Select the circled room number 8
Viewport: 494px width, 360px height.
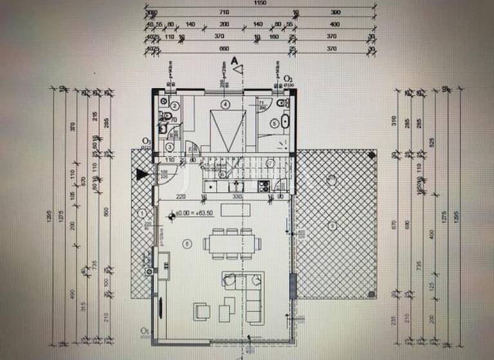[187, 242]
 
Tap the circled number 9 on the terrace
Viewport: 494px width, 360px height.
[331, 224]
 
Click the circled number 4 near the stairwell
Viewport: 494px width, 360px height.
[225, 104]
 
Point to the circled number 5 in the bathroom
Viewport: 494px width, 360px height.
[274, 122]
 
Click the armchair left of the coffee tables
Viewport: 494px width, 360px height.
[201, 312]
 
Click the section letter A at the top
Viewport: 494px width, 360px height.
[235, 61]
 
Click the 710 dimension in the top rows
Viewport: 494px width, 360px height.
[224, 12]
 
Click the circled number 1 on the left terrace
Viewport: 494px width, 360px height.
[142, 212]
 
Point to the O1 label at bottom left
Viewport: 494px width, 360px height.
[145, 332]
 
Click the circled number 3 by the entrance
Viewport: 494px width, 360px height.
[169, 147]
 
